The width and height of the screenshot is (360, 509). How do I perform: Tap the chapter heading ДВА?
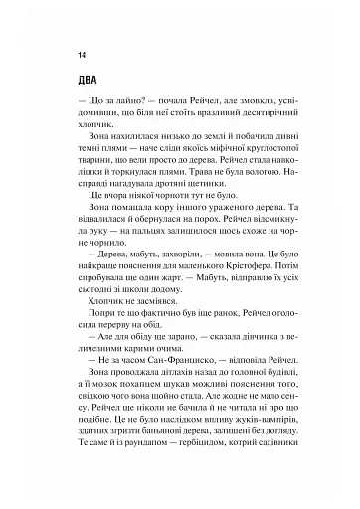click(x=76, y=83)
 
